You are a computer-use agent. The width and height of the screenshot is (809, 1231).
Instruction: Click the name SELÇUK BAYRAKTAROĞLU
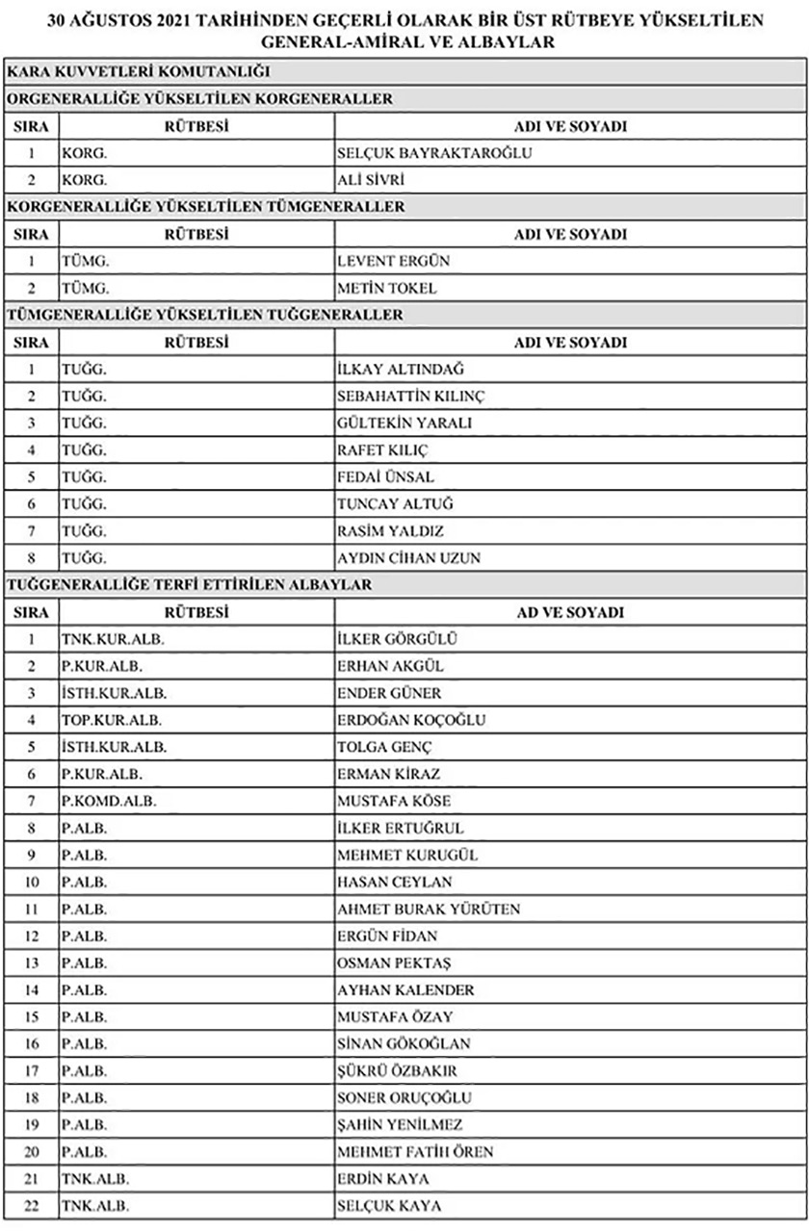point(434,153)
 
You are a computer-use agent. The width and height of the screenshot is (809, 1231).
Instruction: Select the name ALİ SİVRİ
point(371,180)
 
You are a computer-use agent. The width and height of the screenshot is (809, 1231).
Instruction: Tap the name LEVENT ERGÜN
point(394,261)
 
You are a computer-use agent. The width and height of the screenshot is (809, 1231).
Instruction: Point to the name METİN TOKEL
point(387,288)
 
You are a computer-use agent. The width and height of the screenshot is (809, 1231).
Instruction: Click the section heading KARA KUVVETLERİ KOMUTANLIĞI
point(138,71)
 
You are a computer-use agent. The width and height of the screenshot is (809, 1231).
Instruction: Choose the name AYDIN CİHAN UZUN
point(409,557)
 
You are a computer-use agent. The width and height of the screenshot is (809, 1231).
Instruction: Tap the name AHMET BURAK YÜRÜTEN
point(429,909)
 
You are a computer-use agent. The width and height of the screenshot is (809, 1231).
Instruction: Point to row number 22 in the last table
point(32,1205)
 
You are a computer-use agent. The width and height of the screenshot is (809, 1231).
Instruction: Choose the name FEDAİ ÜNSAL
point(386,476)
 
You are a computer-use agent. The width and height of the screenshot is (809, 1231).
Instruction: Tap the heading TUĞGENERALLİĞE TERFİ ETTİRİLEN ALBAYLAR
point(189,584)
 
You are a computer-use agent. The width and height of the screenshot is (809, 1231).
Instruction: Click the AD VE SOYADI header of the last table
point(570,612)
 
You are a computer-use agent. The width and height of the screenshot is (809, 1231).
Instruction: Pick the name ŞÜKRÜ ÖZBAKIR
point(397,1070)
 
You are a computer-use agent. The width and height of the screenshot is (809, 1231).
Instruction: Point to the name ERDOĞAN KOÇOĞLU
point(411,720)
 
